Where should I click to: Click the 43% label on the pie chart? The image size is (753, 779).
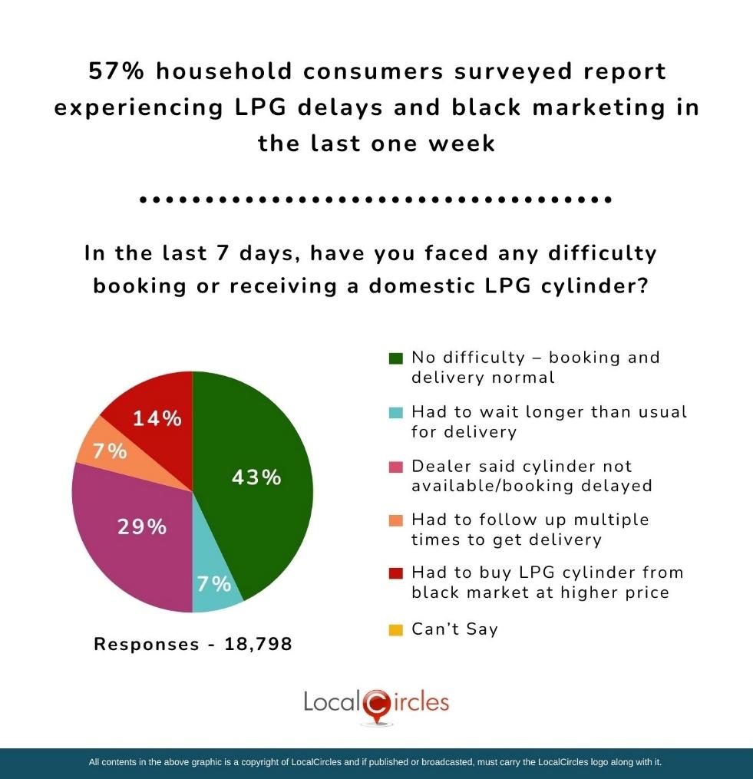(256, 477)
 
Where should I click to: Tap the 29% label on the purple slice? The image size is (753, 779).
(141, 527)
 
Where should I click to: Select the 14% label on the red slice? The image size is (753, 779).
(157, 419)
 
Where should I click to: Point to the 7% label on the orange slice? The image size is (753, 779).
(110, 451)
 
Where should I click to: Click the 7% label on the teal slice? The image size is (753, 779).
(213, 584)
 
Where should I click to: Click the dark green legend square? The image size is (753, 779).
(396, 358)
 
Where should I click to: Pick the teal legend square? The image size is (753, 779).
(396, 412)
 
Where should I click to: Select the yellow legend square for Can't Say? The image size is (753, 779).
(396, 630)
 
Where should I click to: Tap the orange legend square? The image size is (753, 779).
(396, 520)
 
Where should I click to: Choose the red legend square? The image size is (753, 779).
(396, 573)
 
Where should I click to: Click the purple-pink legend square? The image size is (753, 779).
(396, 467)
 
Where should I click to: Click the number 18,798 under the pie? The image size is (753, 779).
(258, 644)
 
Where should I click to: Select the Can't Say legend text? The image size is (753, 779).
(454, 629)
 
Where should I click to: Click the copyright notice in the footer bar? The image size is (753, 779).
(375, 763)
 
